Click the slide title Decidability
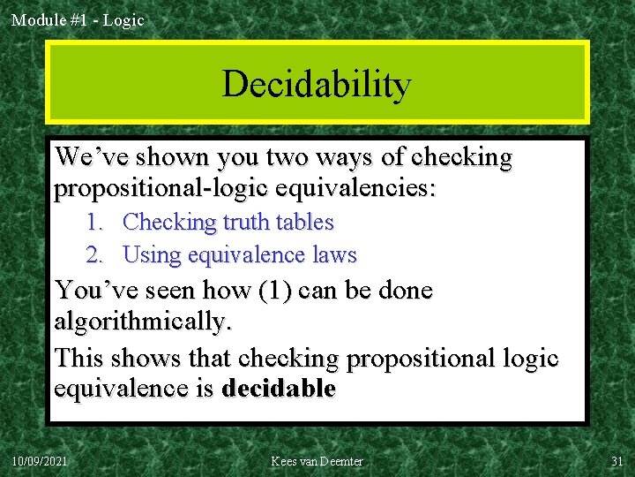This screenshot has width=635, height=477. [317, 84]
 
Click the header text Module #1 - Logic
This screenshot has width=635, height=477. [78, 19]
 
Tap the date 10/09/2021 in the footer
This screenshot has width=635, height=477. [39, 461]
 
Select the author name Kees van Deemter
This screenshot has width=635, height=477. [317, 461]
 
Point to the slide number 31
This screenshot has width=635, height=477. [616, 461]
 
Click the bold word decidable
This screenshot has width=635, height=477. [279, 389]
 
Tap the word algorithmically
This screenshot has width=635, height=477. [142, 322]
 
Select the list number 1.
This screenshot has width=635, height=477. [94, 223]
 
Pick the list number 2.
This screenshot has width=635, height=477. [94, 255]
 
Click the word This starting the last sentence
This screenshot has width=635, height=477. [80, 358]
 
